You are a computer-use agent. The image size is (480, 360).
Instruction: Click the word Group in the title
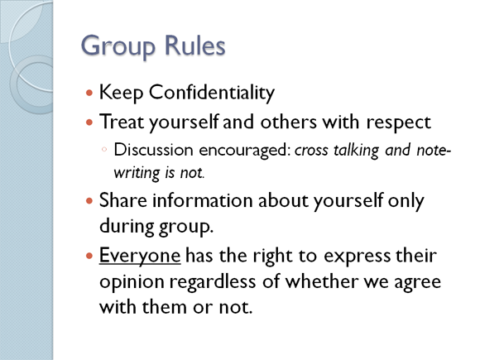(118, 46)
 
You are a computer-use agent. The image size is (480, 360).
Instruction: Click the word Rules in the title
(194, 45)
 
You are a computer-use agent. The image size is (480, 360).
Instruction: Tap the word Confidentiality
(212, 93)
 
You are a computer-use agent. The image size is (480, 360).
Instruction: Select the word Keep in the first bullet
(121, 93)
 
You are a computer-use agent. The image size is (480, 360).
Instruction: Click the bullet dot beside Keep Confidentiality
(89, 93)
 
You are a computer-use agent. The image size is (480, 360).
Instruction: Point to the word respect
(399, 122)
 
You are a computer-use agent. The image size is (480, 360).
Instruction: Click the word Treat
(122, 121)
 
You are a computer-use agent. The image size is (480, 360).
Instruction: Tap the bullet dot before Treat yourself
(89, 122)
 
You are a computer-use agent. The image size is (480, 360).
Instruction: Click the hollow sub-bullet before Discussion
(104, 150)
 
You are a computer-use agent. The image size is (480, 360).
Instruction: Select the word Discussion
(153, 150)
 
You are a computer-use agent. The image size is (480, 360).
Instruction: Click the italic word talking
(356, 151)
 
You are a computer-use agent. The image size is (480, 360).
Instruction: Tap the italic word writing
(137, 173)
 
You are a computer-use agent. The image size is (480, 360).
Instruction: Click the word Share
(123, 200)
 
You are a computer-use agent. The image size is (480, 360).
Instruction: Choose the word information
(203, 200)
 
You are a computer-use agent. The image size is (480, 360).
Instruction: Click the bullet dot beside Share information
(89, 201)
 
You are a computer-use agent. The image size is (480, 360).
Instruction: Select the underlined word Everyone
(140, 256)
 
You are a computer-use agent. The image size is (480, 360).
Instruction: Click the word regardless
(213, 282)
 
